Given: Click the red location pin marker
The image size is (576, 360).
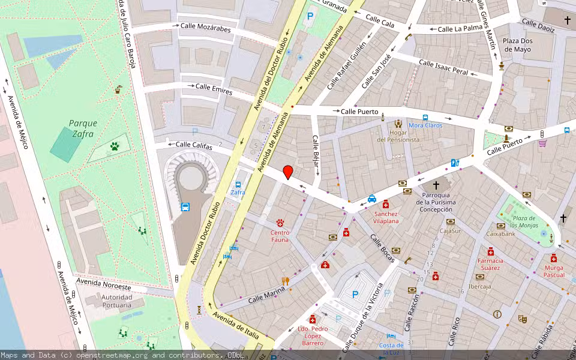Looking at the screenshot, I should pos(288,172).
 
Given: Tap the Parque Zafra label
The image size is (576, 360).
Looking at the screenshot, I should pos(83,128).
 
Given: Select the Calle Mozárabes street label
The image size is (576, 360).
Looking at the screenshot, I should pos(206,30).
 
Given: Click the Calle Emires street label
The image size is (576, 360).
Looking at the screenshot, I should pos(214,88).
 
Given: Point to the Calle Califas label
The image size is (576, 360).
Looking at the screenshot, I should pos(194,145).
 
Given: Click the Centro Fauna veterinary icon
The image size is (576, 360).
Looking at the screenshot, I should pos(280,223).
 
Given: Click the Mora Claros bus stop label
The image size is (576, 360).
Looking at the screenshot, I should pos(425,125).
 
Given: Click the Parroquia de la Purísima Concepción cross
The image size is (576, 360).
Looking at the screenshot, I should pos(436,185).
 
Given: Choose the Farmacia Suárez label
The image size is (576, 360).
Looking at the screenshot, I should pos(490,265).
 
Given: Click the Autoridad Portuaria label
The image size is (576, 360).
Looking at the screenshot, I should pos(108,301).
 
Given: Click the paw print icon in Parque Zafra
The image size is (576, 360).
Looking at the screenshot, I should pos(114,146).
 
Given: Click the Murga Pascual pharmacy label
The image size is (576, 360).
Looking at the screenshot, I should pos(554,271).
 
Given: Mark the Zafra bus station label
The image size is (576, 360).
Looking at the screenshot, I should pos(238,193).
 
